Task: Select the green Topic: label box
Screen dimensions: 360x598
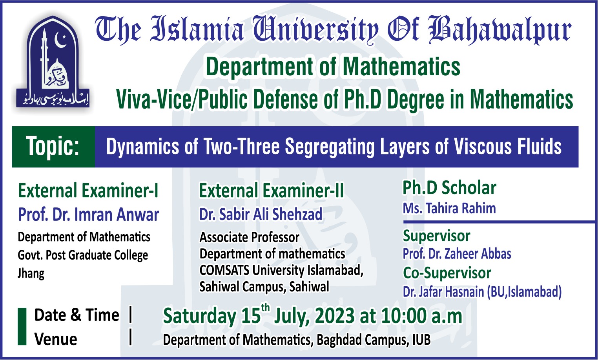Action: (x=53, y=147)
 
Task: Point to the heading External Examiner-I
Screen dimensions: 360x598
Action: (x=88, y=191)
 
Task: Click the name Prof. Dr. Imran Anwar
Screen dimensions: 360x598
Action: (x=89, y=215)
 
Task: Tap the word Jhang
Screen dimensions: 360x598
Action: (x=31, y=273)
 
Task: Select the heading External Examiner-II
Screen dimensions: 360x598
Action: (x=271, y=191)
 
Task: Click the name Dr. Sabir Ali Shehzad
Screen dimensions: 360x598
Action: (x=261, y=215)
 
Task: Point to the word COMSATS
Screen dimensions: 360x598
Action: (x=224, y=270)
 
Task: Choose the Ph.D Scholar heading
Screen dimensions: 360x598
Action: (x=449, y=188)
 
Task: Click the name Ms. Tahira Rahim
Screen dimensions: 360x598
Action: (x=449, y=208)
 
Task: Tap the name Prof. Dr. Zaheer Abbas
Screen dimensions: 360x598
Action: (x=457, y=254)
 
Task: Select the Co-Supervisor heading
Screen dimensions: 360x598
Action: (x=447, y=273)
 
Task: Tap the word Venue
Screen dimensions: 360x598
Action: (x=56, y=339)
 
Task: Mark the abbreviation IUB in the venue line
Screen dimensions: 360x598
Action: (x=421, y=340)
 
